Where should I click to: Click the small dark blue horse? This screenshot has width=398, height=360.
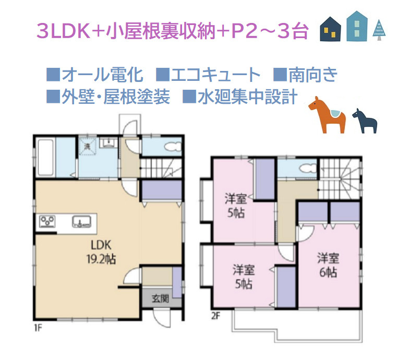click(x=365, y=119)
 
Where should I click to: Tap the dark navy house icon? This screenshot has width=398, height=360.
click(x=330, y=29)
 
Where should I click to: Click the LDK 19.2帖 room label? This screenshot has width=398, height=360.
click(x=99, y=252)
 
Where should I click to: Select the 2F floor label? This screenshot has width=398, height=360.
click(x=215, y=315)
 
